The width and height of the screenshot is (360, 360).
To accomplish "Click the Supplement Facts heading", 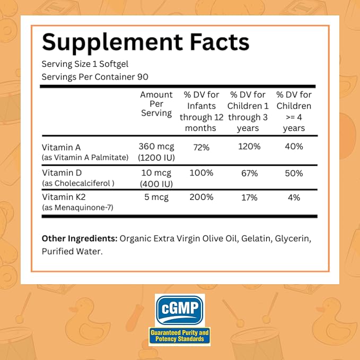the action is [x=146, y=42].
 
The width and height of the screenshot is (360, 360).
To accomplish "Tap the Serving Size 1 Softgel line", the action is [x=85, y=64].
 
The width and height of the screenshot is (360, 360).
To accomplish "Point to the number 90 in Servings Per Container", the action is [x=143, y=77].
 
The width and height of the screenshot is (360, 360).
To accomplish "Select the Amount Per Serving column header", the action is [x=156, y=104].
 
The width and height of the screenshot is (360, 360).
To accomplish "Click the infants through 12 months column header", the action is [x=201, y=111].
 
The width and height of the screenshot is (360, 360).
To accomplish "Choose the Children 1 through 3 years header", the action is [x=248, y=111].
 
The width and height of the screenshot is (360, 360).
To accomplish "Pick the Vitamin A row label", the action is [x=62, y=147].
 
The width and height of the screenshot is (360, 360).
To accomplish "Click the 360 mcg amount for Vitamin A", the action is [x=156, y=146].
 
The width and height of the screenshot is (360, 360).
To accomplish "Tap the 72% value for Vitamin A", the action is [x=201, y=147].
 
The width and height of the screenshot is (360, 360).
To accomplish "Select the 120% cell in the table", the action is [x=249, y=146].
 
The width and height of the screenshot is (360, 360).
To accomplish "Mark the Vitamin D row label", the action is [x=62, y=173].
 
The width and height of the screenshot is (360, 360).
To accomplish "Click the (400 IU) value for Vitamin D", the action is [x=156, y=184].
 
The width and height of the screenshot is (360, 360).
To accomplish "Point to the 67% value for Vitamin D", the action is [x=249, y=173].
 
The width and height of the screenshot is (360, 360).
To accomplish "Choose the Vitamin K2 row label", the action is [x=64, y=197].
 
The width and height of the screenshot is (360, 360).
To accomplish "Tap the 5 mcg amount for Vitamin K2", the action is [x=156, y=197].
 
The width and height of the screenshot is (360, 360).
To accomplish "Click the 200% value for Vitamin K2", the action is [x=201, y=197].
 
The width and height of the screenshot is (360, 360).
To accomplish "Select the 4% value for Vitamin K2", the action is [x=294, y=197].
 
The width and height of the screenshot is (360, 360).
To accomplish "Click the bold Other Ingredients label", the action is [x=80, y=239].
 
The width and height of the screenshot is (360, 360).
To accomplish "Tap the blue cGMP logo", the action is [x=180, y=310].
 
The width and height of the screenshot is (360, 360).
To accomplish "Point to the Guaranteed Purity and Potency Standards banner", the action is [x=180, y=336].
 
